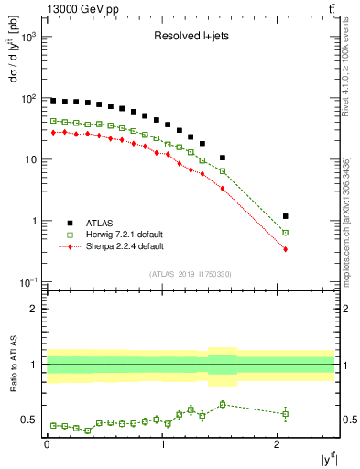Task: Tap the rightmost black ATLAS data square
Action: click(286, 216)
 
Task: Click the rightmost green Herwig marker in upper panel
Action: click(286, 233)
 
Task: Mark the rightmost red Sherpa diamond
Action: click(286, 249)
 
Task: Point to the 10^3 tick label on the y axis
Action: click(29, 37)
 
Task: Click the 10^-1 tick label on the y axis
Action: click(29, 282)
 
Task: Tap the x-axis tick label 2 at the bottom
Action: click(278, 444)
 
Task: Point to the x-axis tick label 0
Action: click(48, 444)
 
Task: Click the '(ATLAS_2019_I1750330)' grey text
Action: click(189, 274)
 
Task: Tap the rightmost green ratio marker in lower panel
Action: click(286, 414)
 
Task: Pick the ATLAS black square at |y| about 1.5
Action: click(223, 158)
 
